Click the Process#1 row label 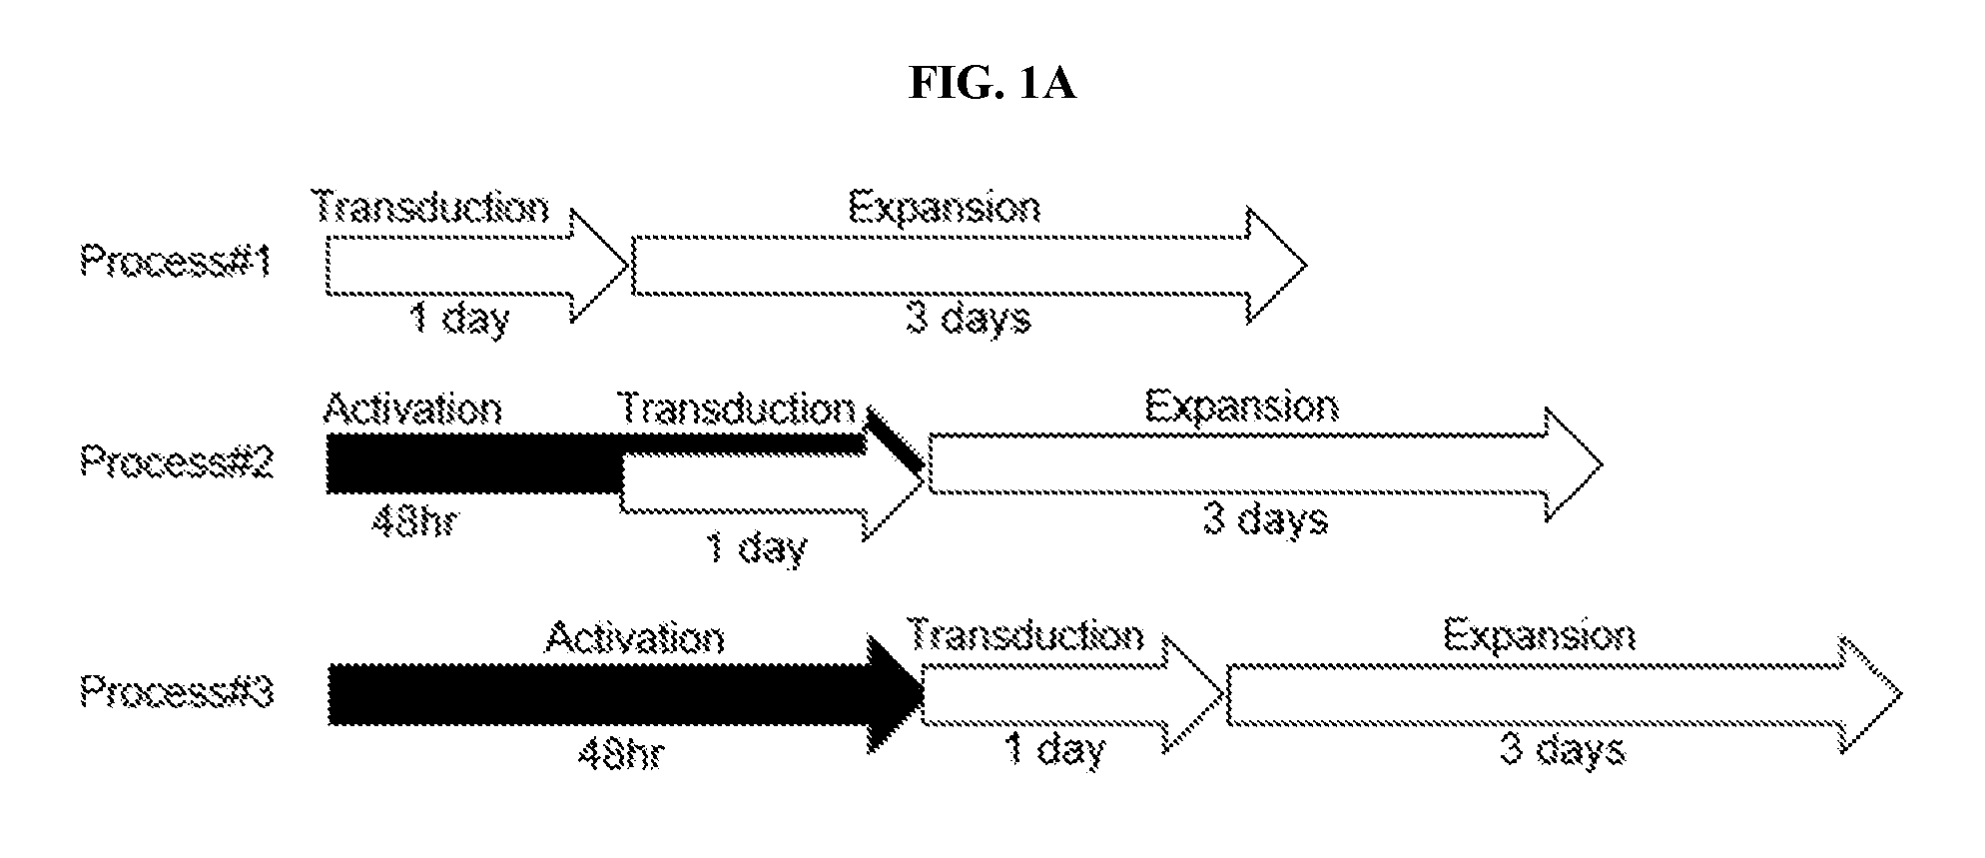(x=177, y=263)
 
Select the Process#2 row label (x=177, y=461)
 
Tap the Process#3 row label (x=177, y=692)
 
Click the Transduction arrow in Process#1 (x=477, y=266)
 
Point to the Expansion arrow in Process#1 (x=969, y=266)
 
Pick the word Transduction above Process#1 (x=431, y=207)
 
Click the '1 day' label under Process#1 (x=460, y=321)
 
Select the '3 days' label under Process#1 (x=969, y=320)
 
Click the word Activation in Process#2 (x=412, y=410)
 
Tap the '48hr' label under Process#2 (x=412, y=521)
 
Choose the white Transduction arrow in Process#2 (x=771, y=494)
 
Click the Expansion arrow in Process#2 (x=1265, y=464)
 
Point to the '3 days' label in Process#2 (x=1266, y=520)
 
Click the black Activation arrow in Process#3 (x=625, y=694)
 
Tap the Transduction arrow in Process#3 (x=1072, y=694)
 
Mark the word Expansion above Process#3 (x=1540, y=636)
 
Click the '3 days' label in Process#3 (x=1563, y=749)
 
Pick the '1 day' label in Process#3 (x=1055, y=749)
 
